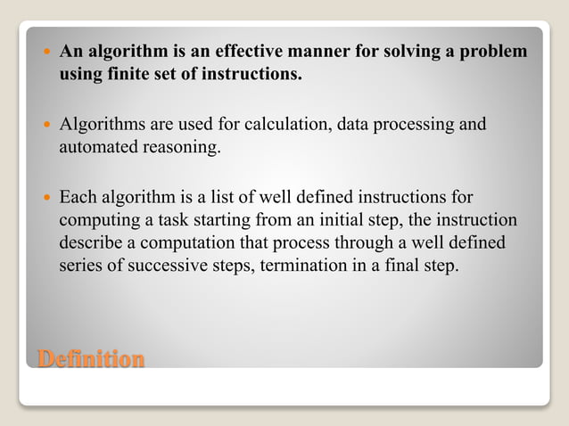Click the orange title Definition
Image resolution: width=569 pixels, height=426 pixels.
(x=91, y=359)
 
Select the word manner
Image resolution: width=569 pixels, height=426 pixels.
(x=309, y=52)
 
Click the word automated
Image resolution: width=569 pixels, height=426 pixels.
(x=98, y=146)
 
